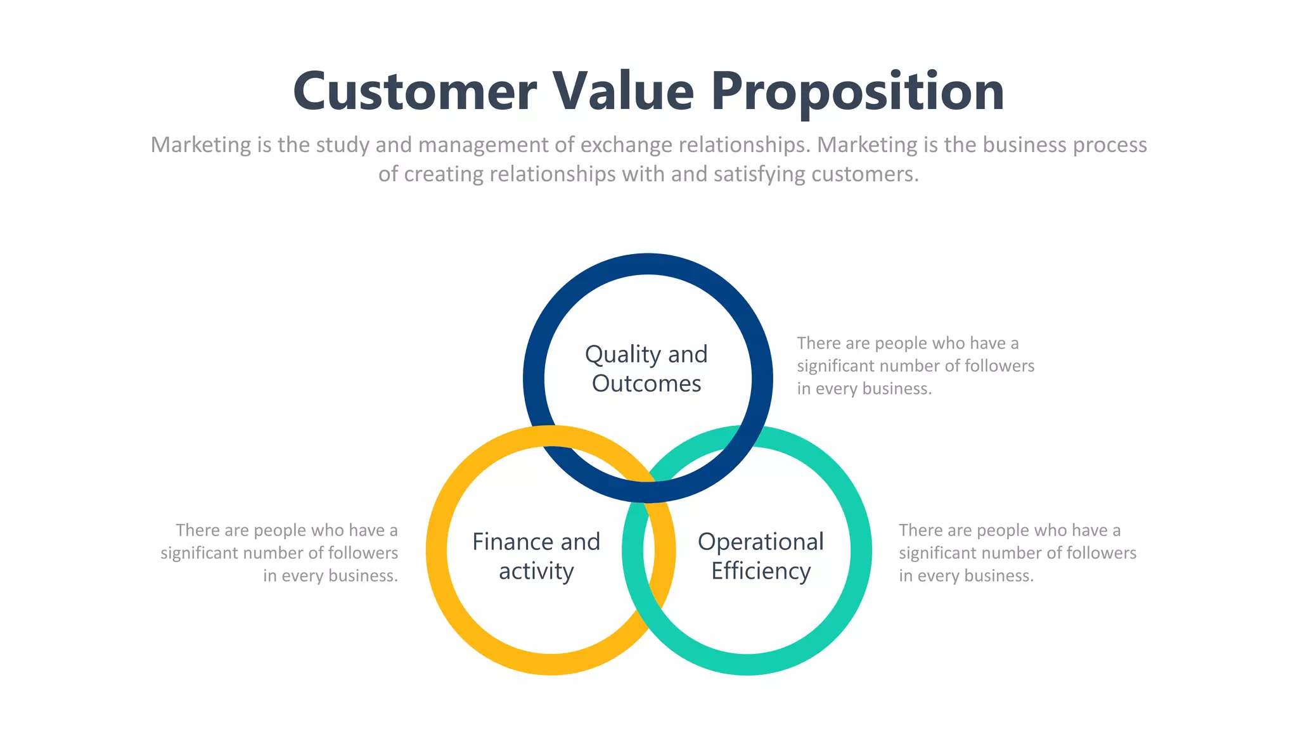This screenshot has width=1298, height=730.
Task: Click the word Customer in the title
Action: point(415,92)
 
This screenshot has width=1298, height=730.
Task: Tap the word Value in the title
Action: point(624,92)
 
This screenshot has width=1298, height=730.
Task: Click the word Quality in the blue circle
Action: point(614,355)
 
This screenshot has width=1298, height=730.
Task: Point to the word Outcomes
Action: point(646,383)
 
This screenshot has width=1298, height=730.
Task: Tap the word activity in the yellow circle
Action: point(536,572)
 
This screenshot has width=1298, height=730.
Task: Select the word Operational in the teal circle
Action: point(761,542)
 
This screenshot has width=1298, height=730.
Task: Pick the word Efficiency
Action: point(761,572)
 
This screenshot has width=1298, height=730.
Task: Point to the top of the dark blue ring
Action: point(648,264)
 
